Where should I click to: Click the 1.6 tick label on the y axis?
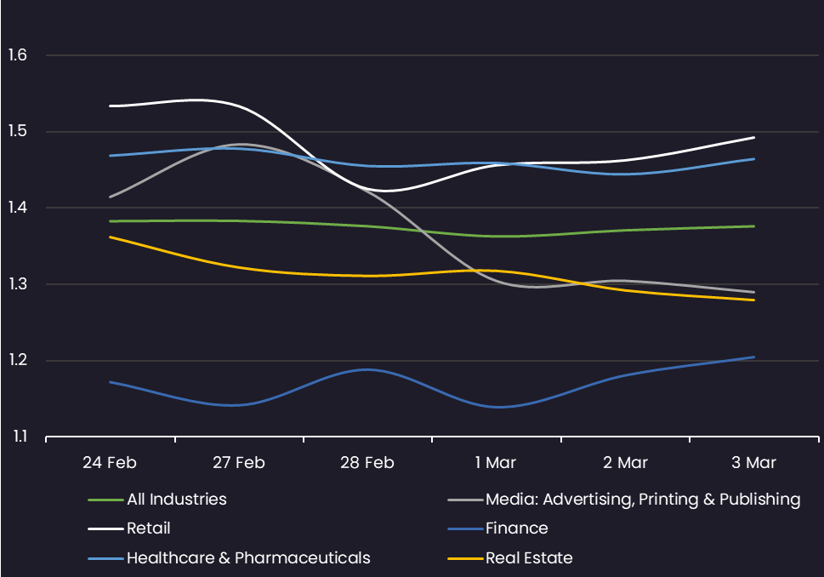[x=17, y=54]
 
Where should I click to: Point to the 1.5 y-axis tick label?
[x=17, y=131]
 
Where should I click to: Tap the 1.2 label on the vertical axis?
[x=17, y=360]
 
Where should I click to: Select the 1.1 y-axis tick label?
[x=20, y=436]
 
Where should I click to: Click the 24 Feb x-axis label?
[x=110, y=462]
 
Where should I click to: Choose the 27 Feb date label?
[x=239, y=462]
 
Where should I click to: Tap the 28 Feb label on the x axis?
[x=367, y=462]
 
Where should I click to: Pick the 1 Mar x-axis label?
[x=496, y=462]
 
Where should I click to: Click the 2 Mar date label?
[x=625, y=462]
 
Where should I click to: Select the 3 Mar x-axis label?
[x=753, y=462]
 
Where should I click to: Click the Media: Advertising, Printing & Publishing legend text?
[x=643, y=500]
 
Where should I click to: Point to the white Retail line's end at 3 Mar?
[x=754, y=138]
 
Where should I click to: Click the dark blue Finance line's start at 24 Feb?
[x=110, y=382]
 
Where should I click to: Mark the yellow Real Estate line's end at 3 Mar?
[x=754, y=300]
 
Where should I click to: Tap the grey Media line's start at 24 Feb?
[x=110, y=197]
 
